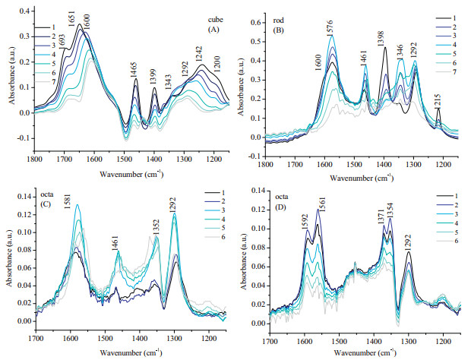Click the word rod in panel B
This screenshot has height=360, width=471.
pos(277,17)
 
